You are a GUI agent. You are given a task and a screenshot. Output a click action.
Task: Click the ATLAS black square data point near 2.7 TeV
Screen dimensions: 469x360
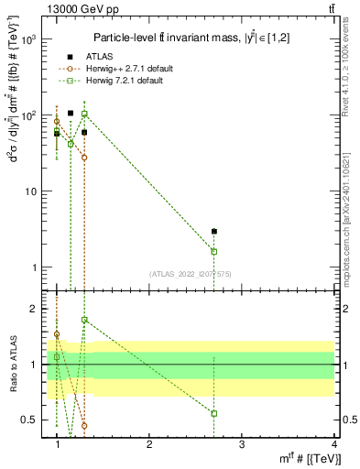tap(214, 232)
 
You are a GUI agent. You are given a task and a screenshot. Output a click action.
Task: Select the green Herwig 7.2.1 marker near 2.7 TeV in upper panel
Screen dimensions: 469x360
tap(214, 251)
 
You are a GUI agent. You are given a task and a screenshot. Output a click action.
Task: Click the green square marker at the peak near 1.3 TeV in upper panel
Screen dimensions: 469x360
tap(84, 114)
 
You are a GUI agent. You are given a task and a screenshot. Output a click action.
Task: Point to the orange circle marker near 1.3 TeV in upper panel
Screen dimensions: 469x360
tap(84, 158)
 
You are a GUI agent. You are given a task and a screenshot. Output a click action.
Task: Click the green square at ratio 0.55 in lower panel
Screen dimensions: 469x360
tap(214, 413)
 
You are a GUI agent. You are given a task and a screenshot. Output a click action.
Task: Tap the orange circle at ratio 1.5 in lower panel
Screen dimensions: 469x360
tap(57, 334)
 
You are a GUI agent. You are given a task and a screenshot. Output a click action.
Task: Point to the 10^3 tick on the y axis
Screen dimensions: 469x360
tap(31, 39)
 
